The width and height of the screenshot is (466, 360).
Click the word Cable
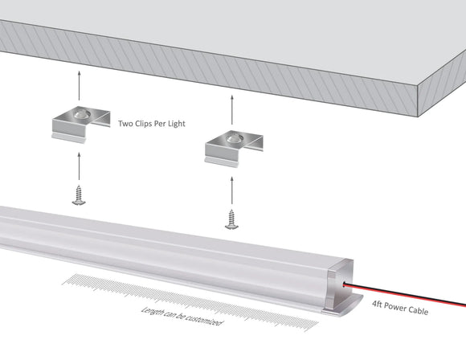pyautogui.click(x=416, y=309)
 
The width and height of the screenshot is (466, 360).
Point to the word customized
pyautogui.click(x=202, y=318)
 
